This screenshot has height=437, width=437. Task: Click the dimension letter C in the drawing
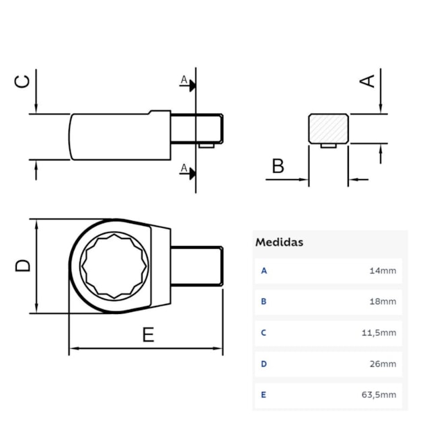23,81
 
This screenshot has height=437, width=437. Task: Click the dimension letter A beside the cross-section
367,80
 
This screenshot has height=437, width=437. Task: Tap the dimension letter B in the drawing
277,165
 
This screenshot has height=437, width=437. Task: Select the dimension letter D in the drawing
24,265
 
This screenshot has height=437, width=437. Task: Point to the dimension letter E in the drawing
148,334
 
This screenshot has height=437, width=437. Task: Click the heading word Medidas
279,242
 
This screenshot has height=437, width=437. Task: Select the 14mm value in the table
383,271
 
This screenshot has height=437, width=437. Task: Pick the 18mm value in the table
383,302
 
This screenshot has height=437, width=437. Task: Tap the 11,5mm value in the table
380,333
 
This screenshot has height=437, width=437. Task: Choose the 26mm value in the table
383,364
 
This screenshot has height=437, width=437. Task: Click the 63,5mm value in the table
380,395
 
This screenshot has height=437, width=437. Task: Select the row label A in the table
264,271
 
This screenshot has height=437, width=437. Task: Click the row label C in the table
264,333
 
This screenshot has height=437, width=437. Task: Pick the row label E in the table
264,395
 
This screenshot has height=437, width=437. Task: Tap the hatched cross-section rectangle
328,128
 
